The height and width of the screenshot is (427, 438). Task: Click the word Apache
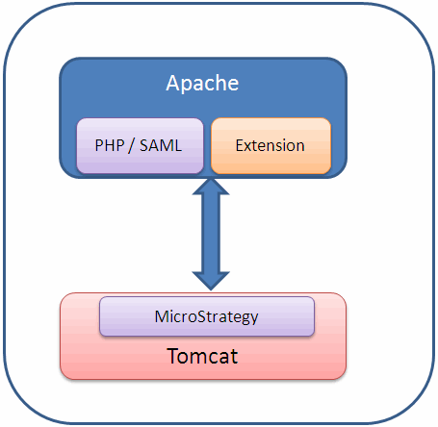202,84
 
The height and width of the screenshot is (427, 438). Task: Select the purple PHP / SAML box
140,146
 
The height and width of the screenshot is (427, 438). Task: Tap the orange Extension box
271,146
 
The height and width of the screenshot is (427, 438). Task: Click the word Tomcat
202,356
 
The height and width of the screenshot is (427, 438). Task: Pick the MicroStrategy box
207,316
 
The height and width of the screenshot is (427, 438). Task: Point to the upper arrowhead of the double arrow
211,187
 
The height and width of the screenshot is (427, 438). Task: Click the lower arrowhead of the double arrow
211,281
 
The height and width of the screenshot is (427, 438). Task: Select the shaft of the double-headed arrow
211,234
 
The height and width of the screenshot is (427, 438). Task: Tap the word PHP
110,145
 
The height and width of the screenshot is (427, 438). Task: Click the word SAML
161,145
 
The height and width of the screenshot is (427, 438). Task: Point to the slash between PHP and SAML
132,146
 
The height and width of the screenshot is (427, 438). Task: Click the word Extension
271,145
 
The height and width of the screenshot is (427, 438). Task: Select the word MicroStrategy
206,317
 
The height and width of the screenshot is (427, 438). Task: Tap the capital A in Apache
172,83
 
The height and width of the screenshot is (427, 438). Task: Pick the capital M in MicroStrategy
161,316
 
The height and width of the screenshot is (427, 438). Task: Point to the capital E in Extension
240,145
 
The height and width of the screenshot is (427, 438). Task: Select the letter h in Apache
219,83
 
